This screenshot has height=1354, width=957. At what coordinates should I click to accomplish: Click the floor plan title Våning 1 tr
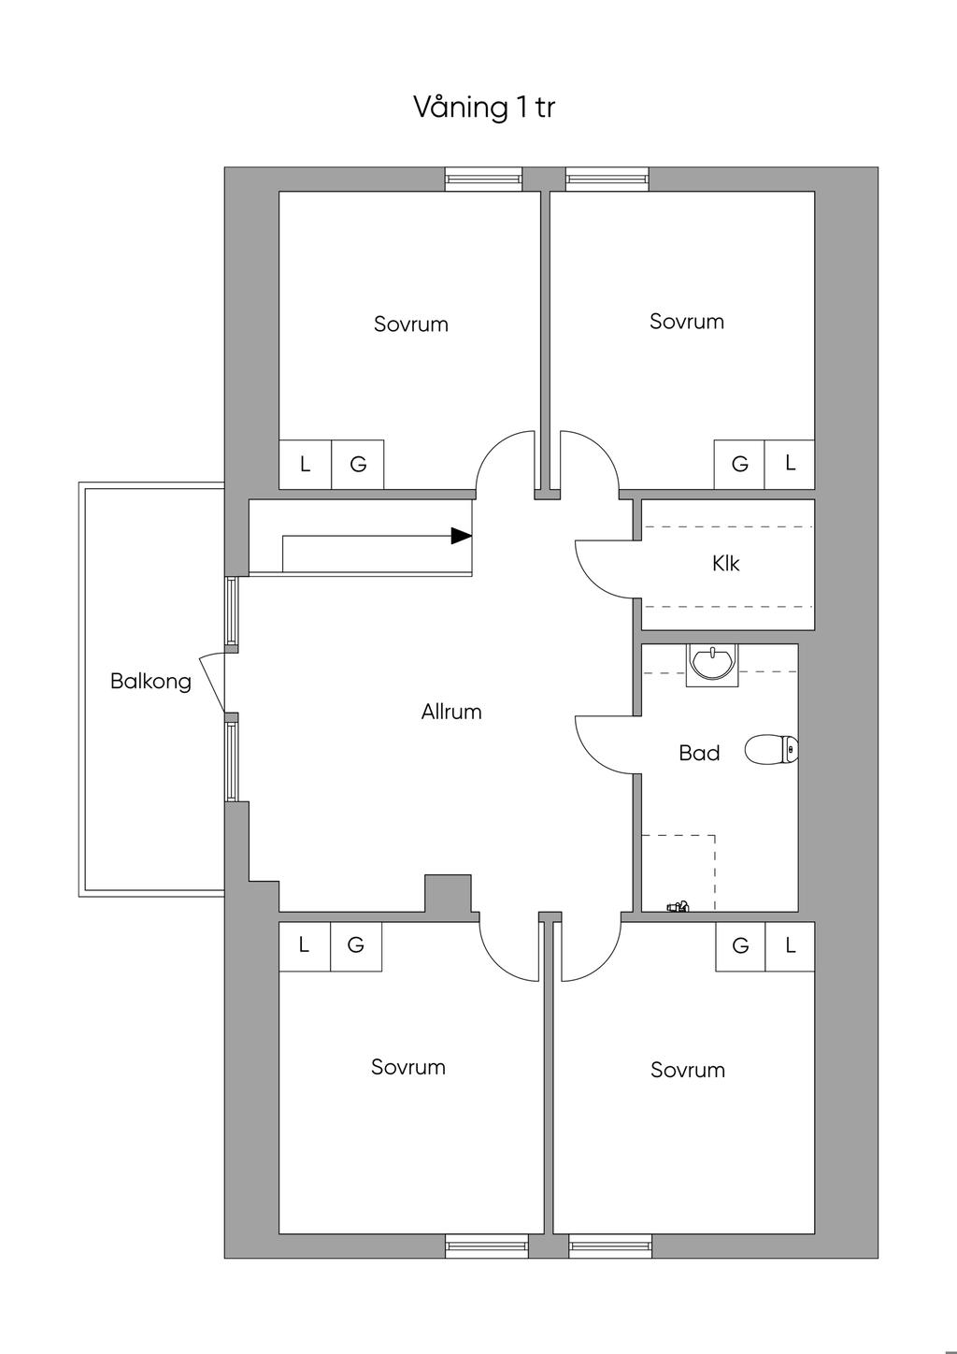(484, 108)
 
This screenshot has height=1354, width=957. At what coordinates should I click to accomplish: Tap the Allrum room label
(451, 712)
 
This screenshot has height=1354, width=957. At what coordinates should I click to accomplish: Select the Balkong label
(151, 682)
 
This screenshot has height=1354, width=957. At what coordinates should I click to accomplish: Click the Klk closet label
(725, 563)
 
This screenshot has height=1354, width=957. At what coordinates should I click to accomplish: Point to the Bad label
(700, 753)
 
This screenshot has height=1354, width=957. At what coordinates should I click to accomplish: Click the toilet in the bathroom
(772, 750)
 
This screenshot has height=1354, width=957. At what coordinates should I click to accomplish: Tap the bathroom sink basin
(713, 665)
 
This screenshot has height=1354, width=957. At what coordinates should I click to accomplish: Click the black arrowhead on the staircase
(462, 536)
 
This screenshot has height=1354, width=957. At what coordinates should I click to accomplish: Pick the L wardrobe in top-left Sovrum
(305, 464)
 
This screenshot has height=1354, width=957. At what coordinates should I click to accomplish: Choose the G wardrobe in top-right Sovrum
(739, 464)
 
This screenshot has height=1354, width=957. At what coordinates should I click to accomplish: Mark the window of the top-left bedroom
(483, 179)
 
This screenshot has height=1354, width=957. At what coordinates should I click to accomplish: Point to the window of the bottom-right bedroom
(610, 1246)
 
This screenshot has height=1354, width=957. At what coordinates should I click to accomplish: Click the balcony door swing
(211, 682)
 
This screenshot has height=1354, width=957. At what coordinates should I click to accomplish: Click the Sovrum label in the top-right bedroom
(687, 321)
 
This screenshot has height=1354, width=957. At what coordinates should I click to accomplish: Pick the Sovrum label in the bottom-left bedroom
(408, 1067)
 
